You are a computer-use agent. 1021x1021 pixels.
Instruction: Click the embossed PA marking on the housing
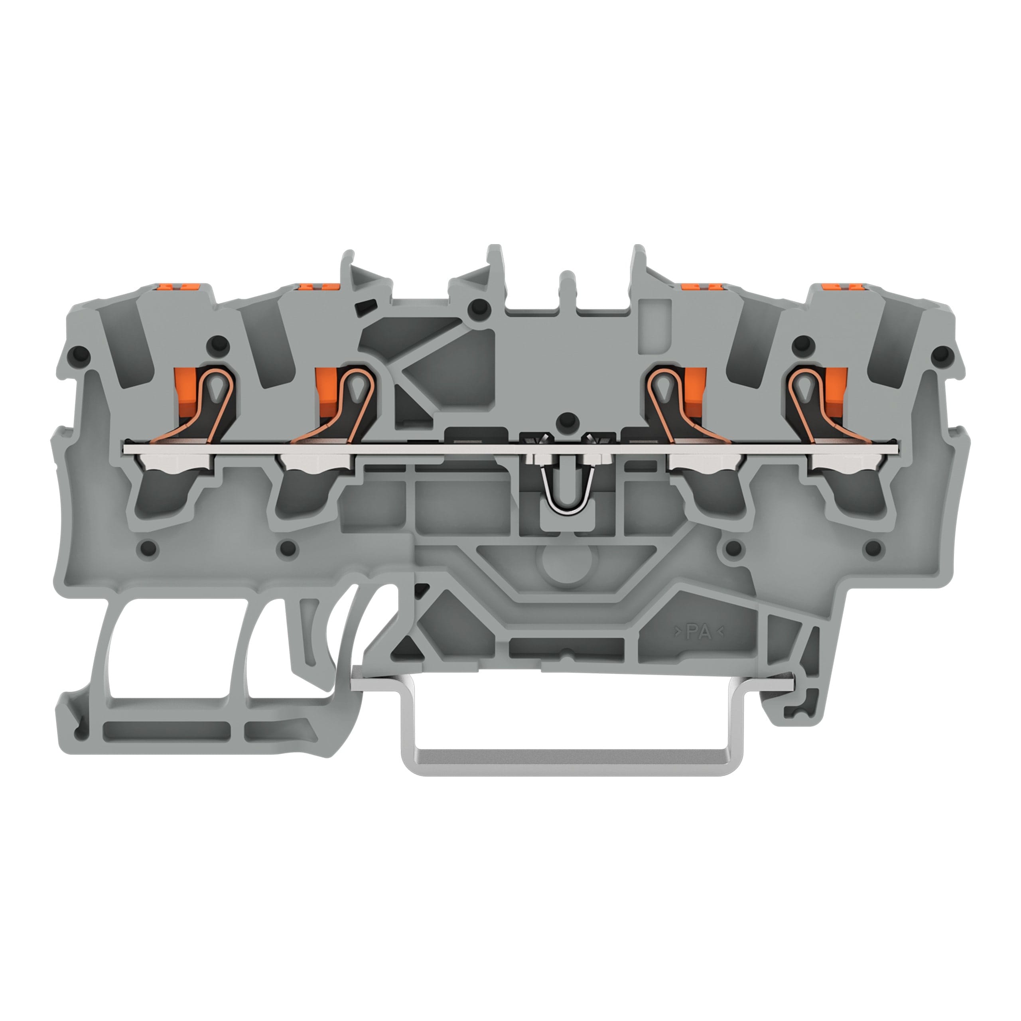click(699, 631)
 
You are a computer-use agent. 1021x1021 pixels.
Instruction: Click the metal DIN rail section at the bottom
click(574, 740)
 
